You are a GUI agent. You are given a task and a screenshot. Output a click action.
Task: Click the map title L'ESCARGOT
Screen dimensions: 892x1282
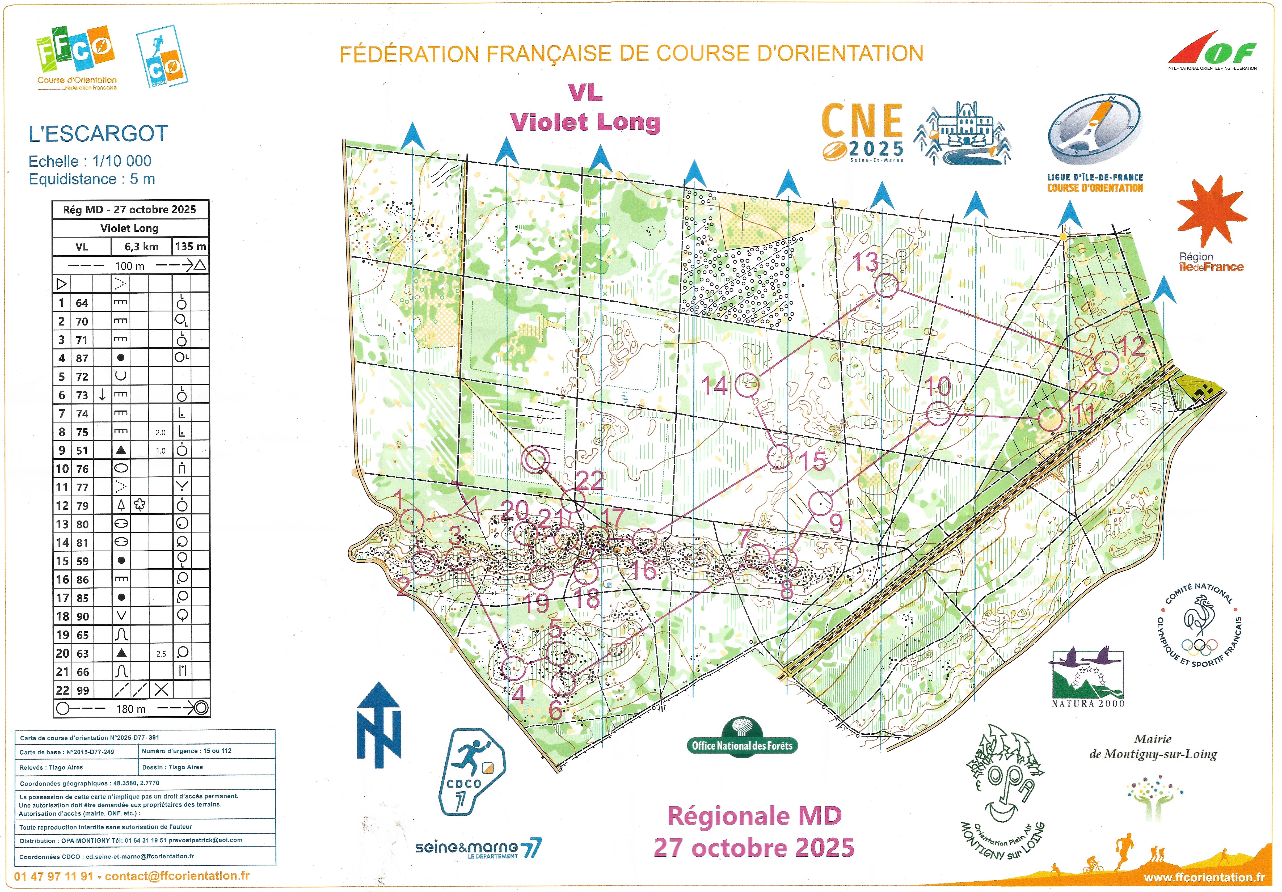tap(98, 134)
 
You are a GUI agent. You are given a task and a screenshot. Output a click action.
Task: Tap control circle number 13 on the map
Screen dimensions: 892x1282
tap(886, 285)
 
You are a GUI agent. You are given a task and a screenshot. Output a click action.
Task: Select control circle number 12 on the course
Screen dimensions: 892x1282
tap(1106, 363)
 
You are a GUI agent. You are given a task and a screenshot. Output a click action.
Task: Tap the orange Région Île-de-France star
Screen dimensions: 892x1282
tap(1211, 212)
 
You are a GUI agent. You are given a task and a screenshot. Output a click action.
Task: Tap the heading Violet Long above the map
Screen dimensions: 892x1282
tap(585, 122)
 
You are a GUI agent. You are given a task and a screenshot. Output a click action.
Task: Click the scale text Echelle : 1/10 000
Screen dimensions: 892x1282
tap(90, 161)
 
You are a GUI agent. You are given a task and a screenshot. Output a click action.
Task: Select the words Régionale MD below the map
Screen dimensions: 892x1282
tap(754, 816)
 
